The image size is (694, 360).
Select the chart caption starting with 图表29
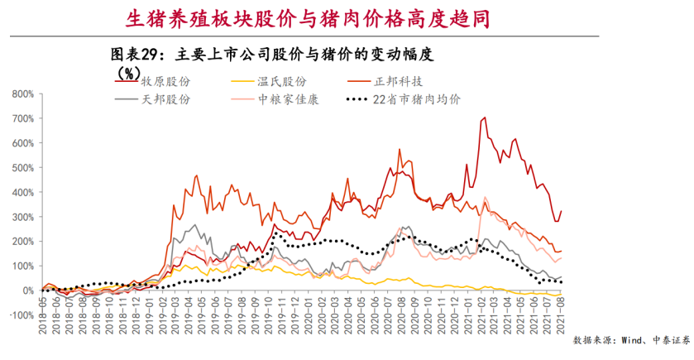[x=272, y=55]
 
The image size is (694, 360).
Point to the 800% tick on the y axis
[x=22, y=94]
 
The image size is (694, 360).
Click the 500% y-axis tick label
[x=22, y=168]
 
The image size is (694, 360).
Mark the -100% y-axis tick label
[x=21, y=315]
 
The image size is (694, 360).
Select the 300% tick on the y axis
[x=22, y=217]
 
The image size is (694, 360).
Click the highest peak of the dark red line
[x=483, y=118]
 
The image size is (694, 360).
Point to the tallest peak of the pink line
[x=485, y=198]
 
